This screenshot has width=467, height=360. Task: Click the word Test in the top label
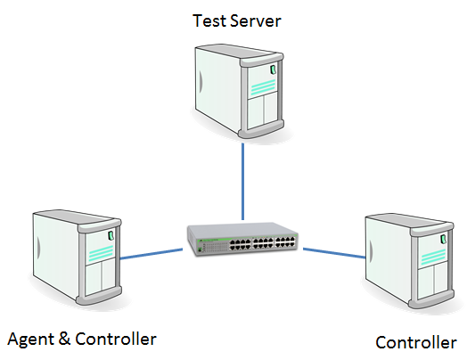(x=209, y=20)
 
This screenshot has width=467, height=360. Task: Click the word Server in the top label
(x=256, y=20)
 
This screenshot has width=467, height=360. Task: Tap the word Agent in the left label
(x=30, y=340)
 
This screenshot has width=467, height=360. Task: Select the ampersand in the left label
(x=64, y=339)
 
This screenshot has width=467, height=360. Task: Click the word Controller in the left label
(x=116, y=339)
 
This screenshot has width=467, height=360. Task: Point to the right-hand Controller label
(x=416, y=342)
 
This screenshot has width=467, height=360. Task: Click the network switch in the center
(x=242, y=239)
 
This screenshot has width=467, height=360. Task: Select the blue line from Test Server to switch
(x=243, y=182)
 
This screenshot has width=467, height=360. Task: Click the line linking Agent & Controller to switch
(x=152, y=254)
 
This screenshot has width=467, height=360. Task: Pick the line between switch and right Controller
(x=334, y=253)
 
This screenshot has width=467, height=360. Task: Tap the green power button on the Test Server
(x=273, y=70)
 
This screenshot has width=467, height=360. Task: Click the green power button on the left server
(x=111, y=235)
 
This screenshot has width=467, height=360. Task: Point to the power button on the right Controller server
(x=444, y=239)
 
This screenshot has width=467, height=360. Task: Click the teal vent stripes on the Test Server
(x=263, y=87)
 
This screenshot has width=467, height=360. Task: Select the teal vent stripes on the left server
(x=101, y=253)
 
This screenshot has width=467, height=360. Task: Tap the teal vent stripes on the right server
(x=433, y=257)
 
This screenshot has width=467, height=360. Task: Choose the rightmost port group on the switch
(x=285, y=242)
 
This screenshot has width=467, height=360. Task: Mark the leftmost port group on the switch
(x=240, y=244)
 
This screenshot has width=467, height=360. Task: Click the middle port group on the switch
(x=263, y=243)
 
